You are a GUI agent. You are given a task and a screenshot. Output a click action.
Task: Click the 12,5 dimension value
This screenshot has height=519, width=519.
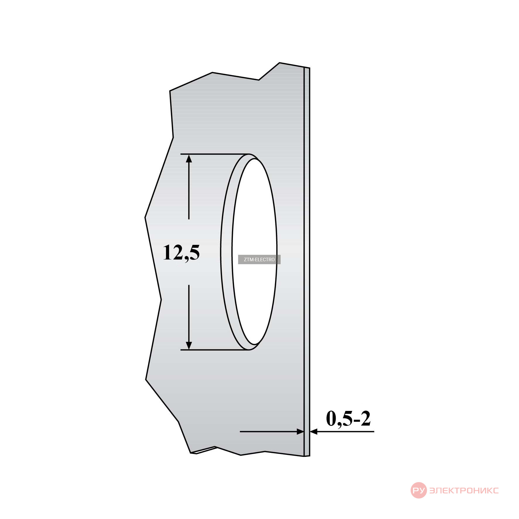[x=181, y=252]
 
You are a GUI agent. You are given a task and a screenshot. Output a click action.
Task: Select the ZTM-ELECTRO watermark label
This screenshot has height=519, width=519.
[x=259, y=259]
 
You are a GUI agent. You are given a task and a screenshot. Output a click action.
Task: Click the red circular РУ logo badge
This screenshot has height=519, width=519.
[x=419, y=490]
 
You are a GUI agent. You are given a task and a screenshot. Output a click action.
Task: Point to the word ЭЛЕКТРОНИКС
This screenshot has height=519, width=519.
[x=464, y=491]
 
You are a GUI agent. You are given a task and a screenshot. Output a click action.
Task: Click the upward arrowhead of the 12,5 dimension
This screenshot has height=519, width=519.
[x=189, y=158]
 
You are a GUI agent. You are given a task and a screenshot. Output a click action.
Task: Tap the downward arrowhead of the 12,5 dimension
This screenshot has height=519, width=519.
[x=189, y=345]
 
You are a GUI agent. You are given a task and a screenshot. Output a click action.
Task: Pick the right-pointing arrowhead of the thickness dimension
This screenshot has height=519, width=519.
[x=300, y=431]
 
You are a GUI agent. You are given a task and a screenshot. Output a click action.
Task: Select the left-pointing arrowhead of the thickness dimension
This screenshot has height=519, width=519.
[x=314, y=431]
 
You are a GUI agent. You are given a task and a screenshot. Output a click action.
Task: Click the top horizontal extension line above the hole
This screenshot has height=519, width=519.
[x=215, y=154]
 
